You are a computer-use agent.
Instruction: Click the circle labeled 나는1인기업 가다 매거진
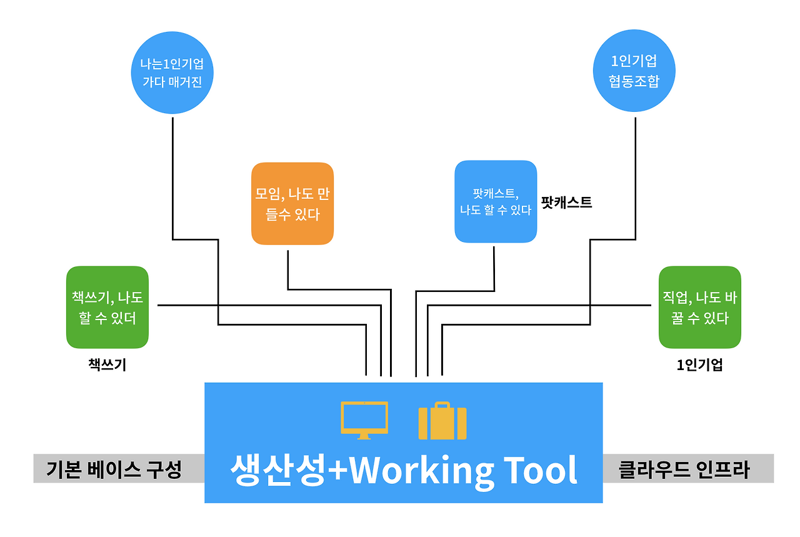(172, 73)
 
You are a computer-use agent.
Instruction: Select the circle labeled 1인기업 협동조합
(634, 71)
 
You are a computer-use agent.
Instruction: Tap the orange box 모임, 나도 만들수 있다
(292, 204)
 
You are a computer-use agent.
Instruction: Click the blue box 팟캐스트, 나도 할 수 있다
(496, 201)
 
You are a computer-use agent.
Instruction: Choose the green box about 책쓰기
(107, 308)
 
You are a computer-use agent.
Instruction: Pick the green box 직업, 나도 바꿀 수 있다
(700, 308)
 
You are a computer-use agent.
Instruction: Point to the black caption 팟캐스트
(567, 203)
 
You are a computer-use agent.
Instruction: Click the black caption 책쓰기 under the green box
(107, 365)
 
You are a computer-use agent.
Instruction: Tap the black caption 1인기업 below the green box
(700, 365)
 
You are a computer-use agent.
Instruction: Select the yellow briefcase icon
(442, 421)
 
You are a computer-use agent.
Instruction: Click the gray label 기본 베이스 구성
(114, 469)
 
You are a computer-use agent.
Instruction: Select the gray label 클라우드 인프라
(684, 469)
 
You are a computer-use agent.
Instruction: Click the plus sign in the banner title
(338, 470)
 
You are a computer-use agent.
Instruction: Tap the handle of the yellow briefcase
(442, 405)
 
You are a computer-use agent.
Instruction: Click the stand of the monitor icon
(364, 436)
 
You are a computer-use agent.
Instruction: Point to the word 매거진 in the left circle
(186, 82)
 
